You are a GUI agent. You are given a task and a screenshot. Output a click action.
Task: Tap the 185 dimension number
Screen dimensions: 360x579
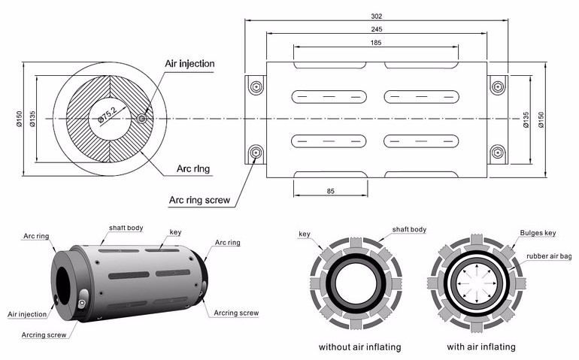[x=375, y=43]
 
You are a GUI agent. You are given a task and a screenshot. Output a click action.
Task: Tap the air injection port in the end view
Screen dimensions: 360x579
[x=143, y=118]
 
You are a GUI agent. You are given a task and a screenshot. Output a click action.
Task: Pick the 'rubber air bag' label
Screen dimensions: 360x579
[x=547, y=256]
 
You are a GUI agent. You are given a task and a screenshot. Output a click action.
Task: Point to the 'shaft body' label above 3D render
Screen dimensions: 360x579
[x=126, y=228]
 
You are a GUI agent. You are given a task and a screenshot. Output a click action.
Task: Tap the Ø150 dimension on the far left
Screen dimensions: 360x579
[x=12, y=118]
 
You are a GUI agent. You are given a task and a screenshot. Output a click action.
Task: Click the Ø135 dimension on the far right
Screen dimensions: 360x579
[x=526, y=118]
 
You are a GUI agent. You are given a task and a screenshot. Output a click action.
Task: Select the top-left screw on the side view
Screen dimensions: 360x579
[x=256, y=86]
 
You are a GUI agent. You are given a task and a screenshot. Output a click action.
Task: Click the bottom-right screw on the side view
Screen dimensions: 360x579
[x=496, y=153]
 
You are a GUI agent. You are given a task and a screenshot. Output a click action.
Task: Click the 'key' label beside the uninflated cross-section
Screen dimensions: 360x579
[x=305, y=234]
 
